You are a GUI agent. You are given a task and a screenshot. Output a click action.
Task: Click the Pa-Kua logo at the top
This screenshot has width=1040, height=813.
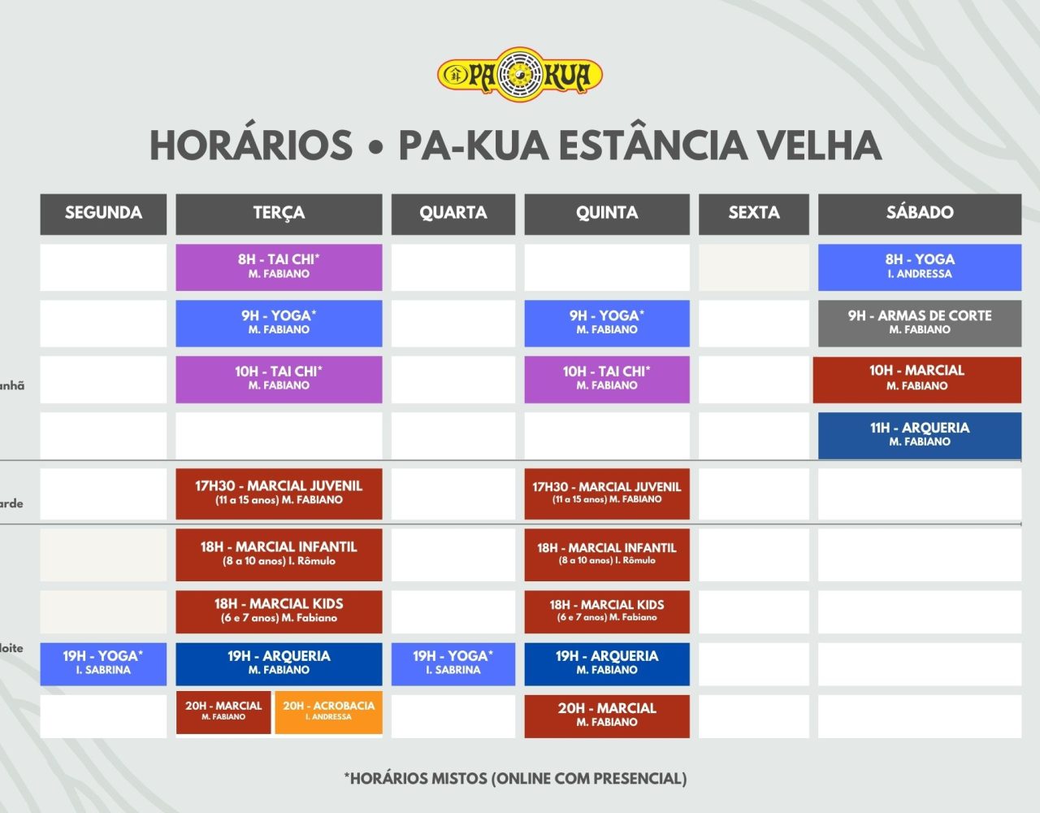click(520, 74)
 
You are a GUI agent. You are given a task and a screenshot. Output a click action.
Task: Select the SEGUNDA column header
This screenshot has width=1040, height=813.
click(103, 214)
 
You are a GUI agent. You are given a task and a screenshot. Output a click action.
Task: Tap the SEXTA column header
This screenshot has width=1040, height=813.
click(754, 214)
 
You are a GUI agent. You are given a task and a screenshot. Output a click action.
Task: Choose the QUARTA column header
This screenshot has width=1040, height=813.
click(453, 214)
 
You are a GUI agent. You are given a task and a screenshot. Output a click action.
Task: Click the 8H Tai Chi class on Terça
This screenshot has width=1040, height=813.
click(279, 267)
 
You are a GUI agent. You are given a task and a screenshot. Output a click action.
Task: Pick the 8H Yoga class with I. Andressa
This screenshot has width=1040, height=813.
click(920, 267)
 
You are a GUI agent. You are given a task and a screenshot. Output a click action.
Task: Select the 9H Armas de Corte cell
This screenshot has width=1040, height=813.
click(920, 324)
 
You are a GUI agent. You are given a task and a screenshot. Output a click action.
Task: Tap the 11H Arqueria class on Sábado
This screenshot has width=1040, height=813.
click(920, 435)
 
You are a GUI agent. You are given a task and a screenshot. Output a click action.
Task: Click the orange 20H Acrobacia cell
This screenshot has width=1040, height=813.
click(329, 712)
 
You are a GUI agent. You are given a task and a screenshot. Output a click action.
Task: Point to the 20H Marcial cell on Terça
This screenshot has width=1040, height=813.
click(223, 712)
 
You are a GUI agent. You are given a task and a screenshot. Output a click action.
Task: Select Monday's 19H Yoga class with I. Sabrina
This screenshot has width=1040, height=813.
click(103, 664)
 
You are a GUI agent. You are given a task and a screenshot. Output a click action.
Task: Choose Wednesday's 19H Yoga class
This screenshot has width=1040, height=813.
click(453, 664)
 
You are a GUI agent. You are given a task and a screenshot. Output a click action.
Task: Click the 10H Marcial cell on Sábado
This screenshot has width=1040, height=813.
click(917, 379)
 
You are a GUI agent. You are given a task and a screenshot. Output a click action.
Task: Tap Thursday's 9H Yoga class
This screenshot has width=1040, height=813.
click(607, 324)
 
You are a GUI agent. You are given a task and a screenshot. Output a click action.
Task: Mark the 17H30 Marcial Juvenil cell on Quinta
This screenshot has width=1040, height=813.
click(607, 493)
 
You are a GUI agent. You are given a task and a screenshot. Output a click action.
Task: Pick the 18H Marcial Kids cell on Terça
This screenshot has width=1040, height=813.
click(279, 611)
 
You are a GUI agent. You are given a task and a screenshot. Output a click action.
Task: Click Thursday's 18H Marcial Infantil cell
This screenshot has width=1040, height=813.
click(607, 555)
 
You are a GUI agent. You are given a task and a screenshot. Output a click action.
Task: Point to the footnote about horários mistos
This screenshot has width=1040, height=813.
click(515, 779)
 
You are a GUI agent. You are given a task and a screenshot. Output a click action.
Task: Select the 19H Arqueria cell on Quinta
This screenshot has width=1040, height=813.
click(607, 664)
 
